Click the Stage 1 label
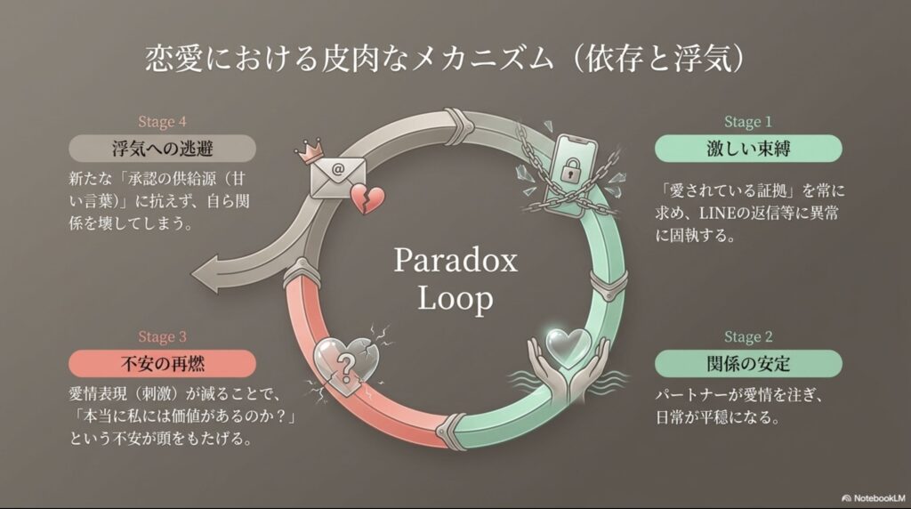(x=747, y=121)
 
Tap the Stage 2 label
(x=747, y=337)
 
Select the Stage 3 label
(x=162, y=337)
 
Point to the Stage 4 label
(x=162, y=121)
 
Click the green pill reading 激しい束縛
(x=747, y=149)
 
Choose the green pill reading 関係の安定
(x=747, y=364)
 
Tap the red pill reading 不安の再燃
(x=162, y=364)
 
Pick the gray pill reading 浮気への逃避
(x=162, y=149)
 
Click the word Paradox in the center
(x=455, y=261)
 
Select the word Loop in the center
(x=455, y=299)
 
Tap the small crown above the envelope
(x=310, y=150)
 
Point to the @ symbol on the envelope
(x=337, y=170)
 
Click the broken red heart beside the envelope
(x=367, y=198)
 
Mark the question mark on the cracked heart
(x=346, y=367)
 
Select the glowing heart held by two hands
(x=568, y=347)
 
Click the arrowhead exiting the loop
(x=208, y=273)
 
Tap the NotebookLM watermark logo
(x=847, y=498)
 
